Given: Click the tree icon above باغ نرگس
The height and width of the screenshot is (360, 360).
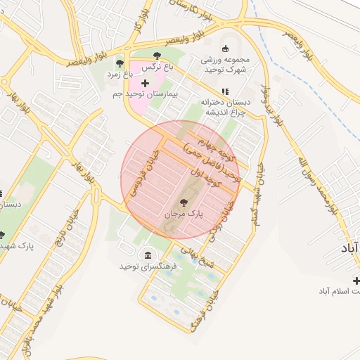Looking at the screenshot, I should point(157,56).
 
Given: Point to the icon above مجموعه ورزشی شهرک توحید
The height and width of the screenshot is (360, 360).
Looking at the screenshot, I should point(225,49).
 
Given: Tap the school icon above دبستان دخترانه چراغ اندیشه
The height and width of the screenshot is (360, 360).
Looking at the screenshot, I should point(225,91).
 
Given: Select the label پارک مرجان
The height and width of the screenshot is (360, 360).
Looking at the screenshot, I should point(184,212).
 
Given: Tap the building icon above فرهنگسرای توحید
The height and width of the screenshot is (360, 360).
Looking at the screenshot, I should point(147,255).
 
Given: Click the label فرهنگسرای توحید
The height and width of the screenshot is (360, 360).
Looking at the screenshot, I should point(150,266).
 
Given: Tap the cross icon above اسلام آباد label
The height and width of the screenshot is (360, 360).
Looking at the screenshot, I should point(356,280).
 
